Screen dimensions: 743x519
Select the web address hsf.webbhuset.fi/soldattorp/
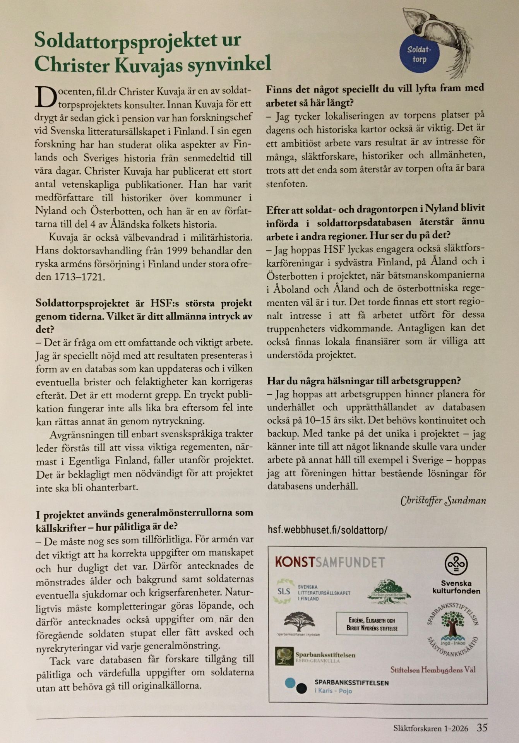click(x=327, y=530)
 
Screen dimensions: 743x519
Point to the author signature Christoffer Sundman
click(x=443, y=501)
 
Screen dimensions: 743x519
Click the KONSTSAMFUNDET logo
click(x=330, y=562)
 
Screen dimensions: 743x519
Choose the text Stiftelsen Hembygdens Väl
click(x=433, y=670)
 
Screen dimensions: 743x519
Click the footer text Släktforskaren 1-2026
click(x=428, y=728)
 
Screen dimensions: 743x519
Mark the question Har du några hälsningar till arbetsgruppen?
click(x=363, y=381)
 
